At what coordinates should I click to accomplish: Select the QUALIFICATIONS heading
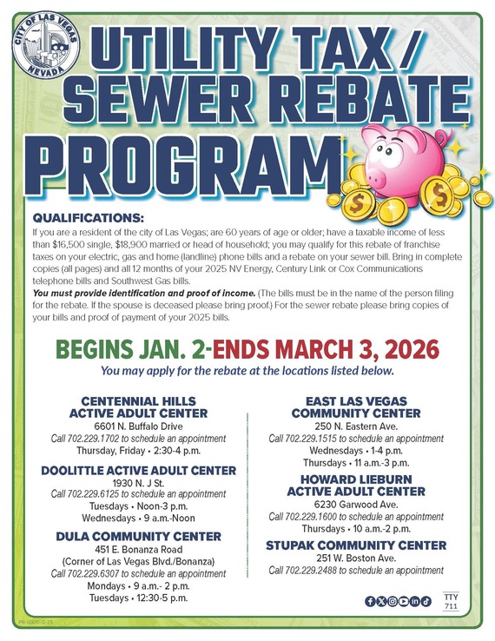pos(88,217)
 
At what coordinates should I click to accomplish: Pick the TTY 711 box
pos(449,601)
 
